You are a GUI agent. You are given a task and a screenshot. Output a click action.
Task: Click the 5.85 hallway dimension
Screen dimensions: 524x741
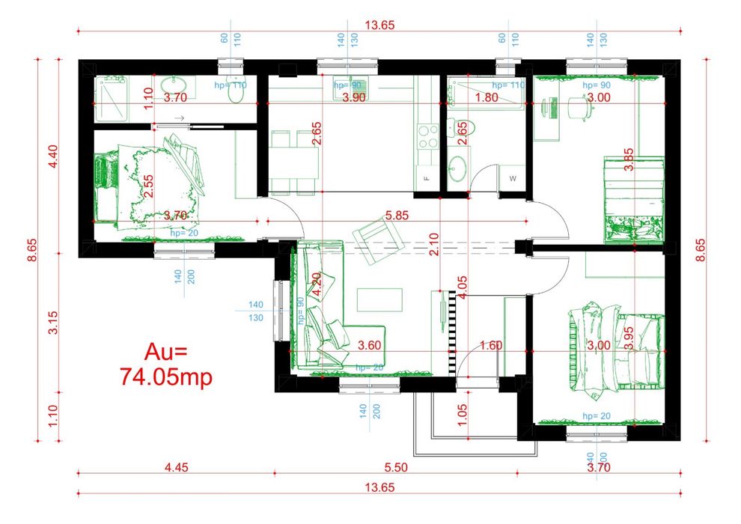[x=397, y=216]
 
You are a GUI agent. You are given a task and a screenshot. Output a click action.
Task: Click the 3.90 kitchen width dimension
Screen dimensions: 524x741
[x=354, y=97]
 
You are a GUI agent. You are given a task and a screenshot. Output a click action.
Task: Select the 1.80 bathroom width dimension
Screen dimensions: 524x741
[x=487, y=97]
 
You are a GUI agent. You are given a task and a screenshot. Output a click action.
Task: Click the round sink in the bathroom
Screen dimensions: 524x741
[x=457, y=168]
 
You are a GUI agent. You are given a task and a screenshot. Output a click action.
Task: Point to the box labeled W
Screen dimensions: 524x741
[x=513, y=178]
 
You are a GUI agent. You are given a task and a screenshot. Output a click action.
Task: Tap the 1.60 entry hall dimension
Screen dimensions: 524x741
[x=491, y=345]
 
